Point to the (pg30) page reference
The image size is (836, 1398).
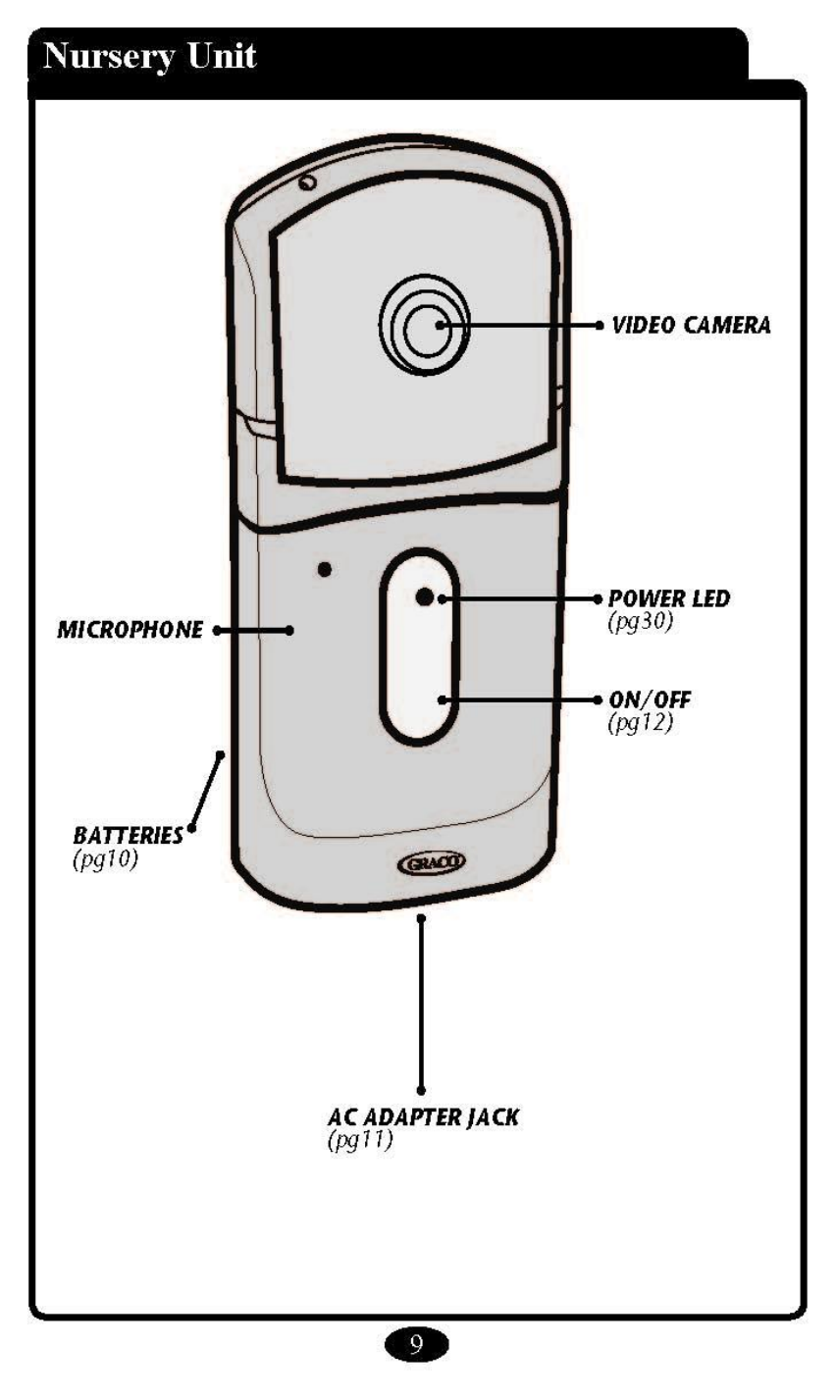point(640,622)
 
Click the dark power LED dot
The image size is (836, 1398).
point(425,597)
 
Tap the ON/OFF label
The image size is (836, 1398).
point(651,703)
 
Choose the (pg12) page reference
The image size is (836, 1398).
point(640,726)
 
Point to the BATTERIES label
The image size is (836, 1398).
point(128,835)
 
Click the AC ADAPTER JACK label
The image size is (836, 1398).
point(422,1118)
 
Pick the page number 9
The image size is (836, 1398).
point(416,1344)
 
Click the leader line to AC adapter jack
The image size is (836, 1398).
point(422,1001)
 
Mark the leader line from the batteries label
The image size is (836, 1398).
point(207,791)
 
